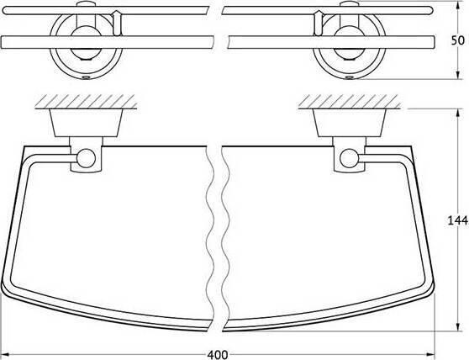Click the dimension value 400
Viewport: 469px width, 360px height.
point(218,355)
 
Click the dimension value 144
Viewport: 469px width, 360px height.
point(457,220)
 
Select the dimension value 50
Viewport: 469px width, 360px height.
point(457,40)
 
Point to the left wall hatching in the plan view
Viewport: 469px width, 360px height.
point(86,102)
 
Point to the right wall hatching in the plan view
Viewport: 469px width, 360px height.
point(350,102)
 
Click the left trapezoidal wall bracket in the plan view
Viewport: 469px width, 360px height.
point(86,123)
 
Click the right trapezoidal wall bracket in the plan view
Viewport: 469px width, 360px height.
point(350,123)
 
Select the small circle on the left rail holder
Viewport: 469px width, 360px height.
point(86,158)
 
